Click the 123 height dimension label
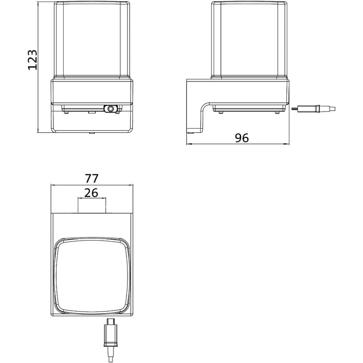(x=32, y=60)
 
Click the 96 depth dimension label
(x=242, y=138)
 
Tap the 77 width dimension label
(x=92, y=178)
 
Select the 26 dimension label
(x=91, y=193)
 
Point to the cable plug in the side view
(x=313, y=108)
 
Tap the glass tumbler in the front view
(x=92, y=39)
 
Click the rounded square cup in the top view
(x=92, y=275)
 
